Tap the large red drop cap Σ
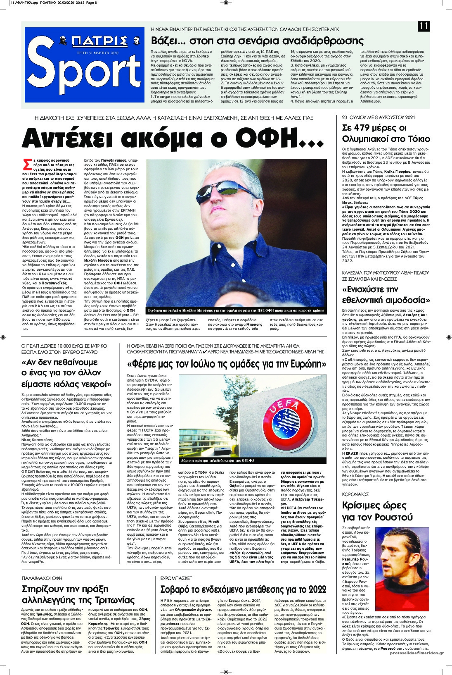point(26,164)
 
